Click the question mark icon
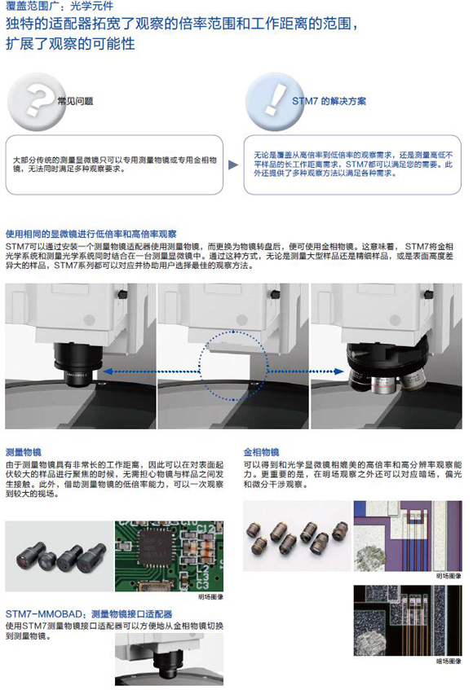(x=36, y=102)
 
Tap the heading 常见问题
(x=75, y=101)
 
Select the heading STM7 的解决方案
(x=329, y=101)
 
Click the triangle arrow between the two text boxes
(x=233, y=165)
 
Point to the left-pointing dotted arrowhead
(x=108, y=371)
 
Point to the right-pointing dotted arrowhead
(x=338, y=371)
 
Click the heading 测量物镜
(x=24, y=452)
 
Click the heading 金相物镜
(x=261, y=452)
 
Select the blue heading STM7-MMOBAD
(x=45, y=614)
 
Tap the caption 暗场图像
(x=449, y=661)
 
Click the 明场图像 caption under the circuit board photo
(x=210, y=596)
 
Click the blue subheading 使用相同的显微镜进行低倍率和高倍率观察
(x=91, y=234)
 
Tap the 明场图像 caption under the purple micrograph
(x=449, y=576)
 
